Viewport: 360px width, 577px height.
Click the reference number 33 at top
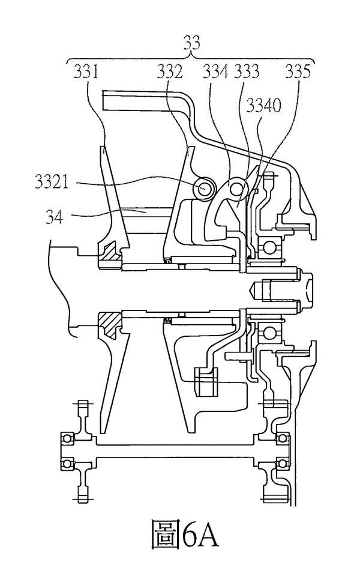pos(191,43)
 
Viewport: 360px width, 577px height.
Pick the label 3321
pos(52,181)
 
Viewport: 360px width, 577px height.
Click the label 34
pos(55,217)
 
